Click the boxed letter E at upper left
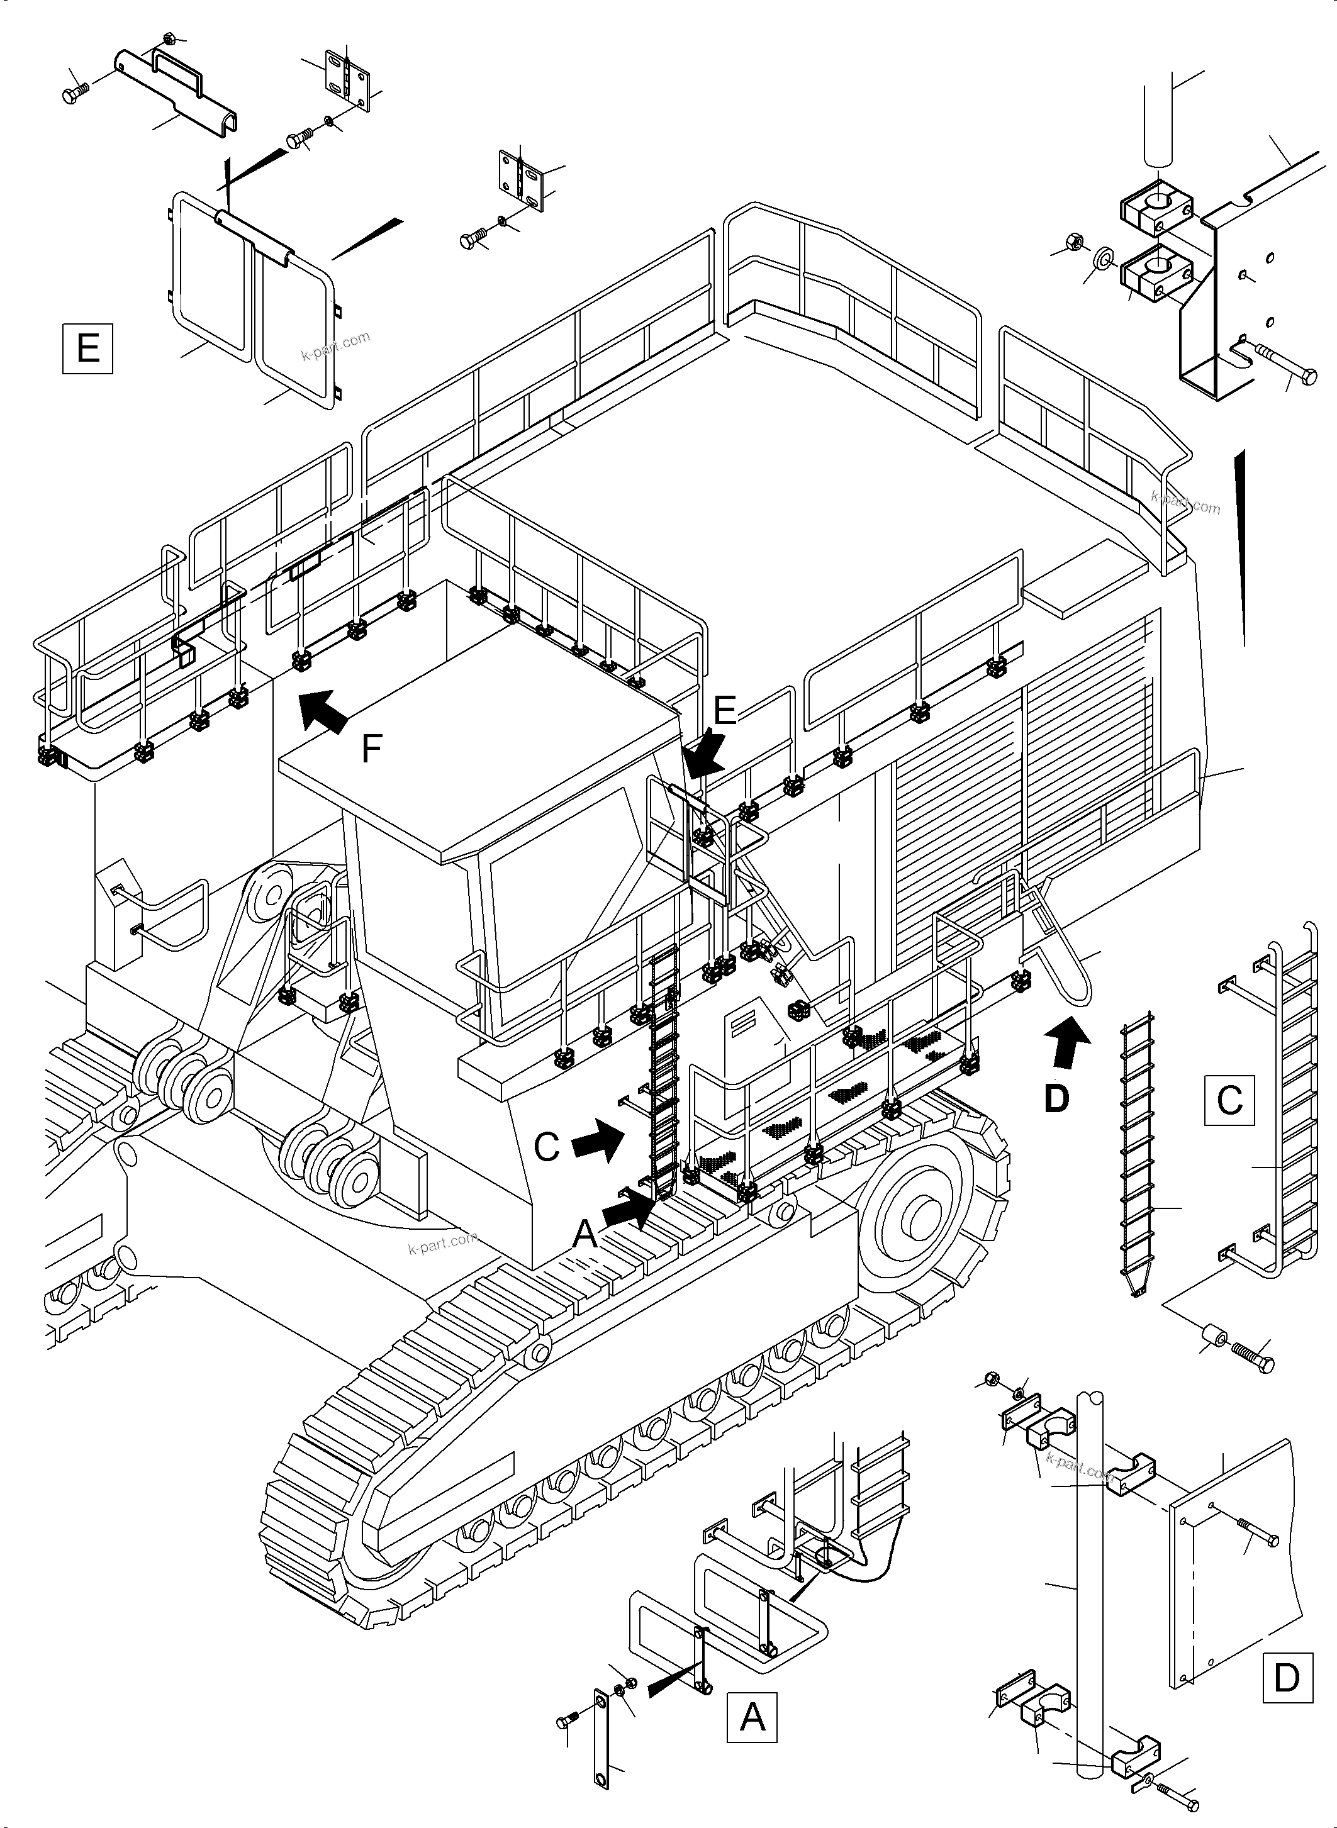pos(87,348)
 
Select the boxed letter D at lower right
pos(1286,1678)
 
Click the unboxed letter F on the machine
pos(371,749)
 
